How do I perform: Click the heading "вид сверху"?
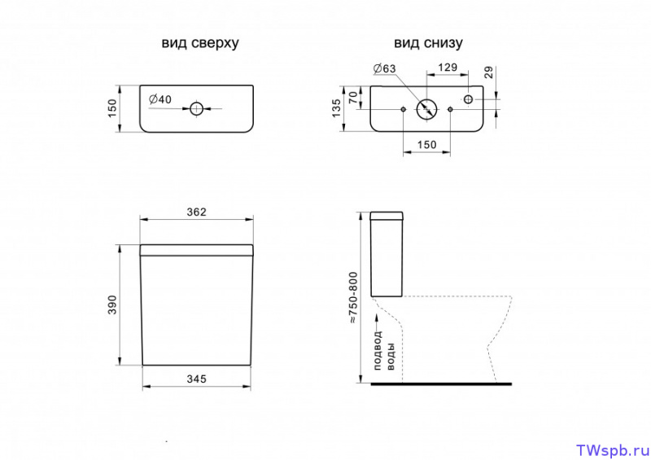[x=200, y=43]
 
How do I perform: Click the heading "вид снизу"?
[x=428, y=43]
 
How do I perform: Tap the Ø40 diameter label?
[x=159, y=99]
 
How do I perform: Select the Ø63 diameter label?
[x=384, y=68]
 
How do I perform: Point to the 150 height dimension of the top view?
[x=112, y=108]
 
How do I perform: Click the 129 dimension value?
[x=448, y=68]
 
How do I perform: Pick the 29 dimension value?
[x=489, y=72]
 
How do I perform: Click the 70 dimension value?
[x=353, y=98]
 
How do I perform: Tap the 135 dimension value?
[x=336, y=108]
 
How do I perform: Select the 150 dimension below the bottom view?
[x=426, y=145]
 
